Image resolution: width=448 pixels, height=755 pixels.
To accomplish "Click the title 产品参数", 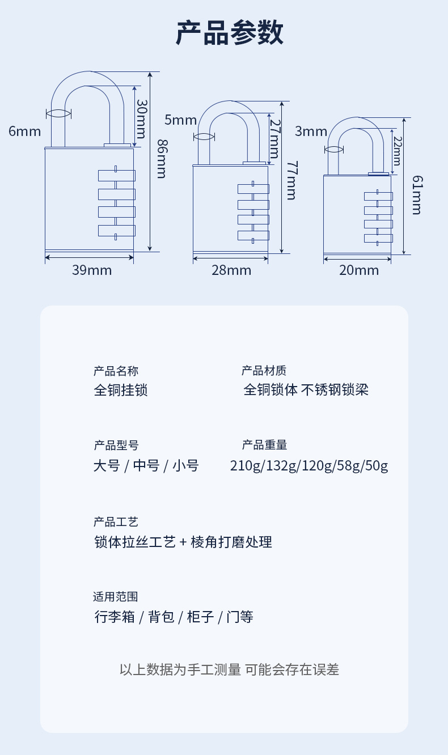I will pos(229,33).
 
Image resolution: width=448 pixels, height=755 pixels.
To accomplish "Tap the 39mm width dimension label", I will pos(92,270).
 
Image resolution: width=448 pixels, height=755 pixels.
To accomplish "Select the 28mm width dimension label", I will pos(231,270).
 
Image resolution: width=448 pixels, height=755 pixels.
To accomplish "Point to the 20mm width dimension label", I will pos(359,270).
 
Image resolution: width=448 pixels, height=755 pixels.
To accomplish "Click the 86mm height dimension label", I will pos(161,159).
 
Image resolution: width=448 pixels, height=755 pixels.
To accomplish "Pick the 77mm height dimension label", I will pos(291,180).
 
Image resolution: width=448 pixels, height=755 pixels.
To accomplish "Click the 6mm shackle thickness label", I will pos(25,132).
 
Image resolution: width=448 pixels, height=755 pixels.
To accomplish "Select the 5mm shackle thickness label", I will pos(180,120).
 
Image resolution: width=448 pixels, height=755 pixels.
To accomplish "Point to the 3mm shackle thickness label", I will pos(311,132).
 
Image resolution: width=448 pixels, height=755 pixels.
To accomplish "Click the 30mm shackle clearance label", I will pos(142,119).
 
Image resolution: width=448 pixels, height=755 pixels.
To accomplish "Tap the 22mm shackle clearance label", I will pos(397,150).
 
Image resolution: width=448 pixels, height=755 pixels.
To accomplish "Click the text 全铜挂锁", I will pos(121,390).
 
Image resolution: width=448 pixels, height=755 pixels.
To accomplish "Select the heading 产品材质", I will pos(264,371).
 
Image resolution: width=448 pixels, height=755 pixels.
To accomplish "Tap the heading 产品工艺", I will pos(116,522).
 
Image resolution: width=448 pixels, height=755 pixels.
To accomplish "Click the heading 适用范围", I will pos(116,597).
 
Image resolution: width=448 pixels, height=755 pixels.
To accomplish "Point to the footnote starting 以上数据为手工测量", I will pos(229,669).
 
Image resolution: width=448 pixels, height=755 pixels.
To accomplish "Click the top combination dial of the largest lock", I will pos(117,176).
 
